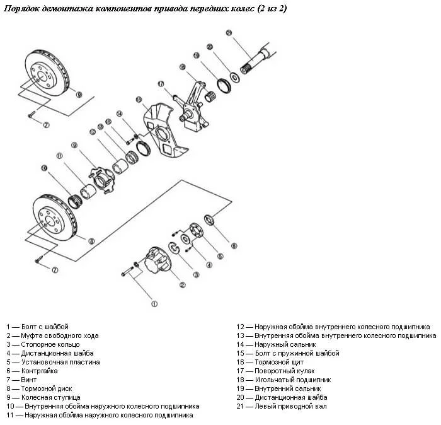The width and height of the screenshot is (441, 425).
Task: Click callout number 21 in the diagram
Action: pyautogui.click(x=229, y=33)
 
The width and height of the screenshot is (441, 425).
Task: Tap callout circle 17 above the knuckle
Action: pyautogui.click(x=161, y=83)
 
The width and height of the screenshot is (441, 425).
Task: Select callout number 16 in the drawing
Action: pyautogui.click(x=139, y=100)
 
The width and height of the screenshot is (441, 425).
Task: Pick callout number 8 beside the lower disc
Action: pyautogui.click(x=91, y=241)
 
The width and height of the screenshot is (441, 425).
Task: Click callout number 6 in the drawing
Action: pyautogui.click(x=234, y=245)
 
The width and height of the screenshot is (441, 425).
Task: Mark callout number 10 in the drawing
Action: pyautogui.click(x=44, y=168)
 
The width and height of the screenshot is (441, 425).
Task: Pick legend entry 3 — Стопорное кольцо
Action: pyautogui.click(x=43, y=345)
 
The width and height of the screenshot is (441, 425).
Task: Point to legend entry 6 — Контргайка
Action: pyautogui.click(x=35, y=371)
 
